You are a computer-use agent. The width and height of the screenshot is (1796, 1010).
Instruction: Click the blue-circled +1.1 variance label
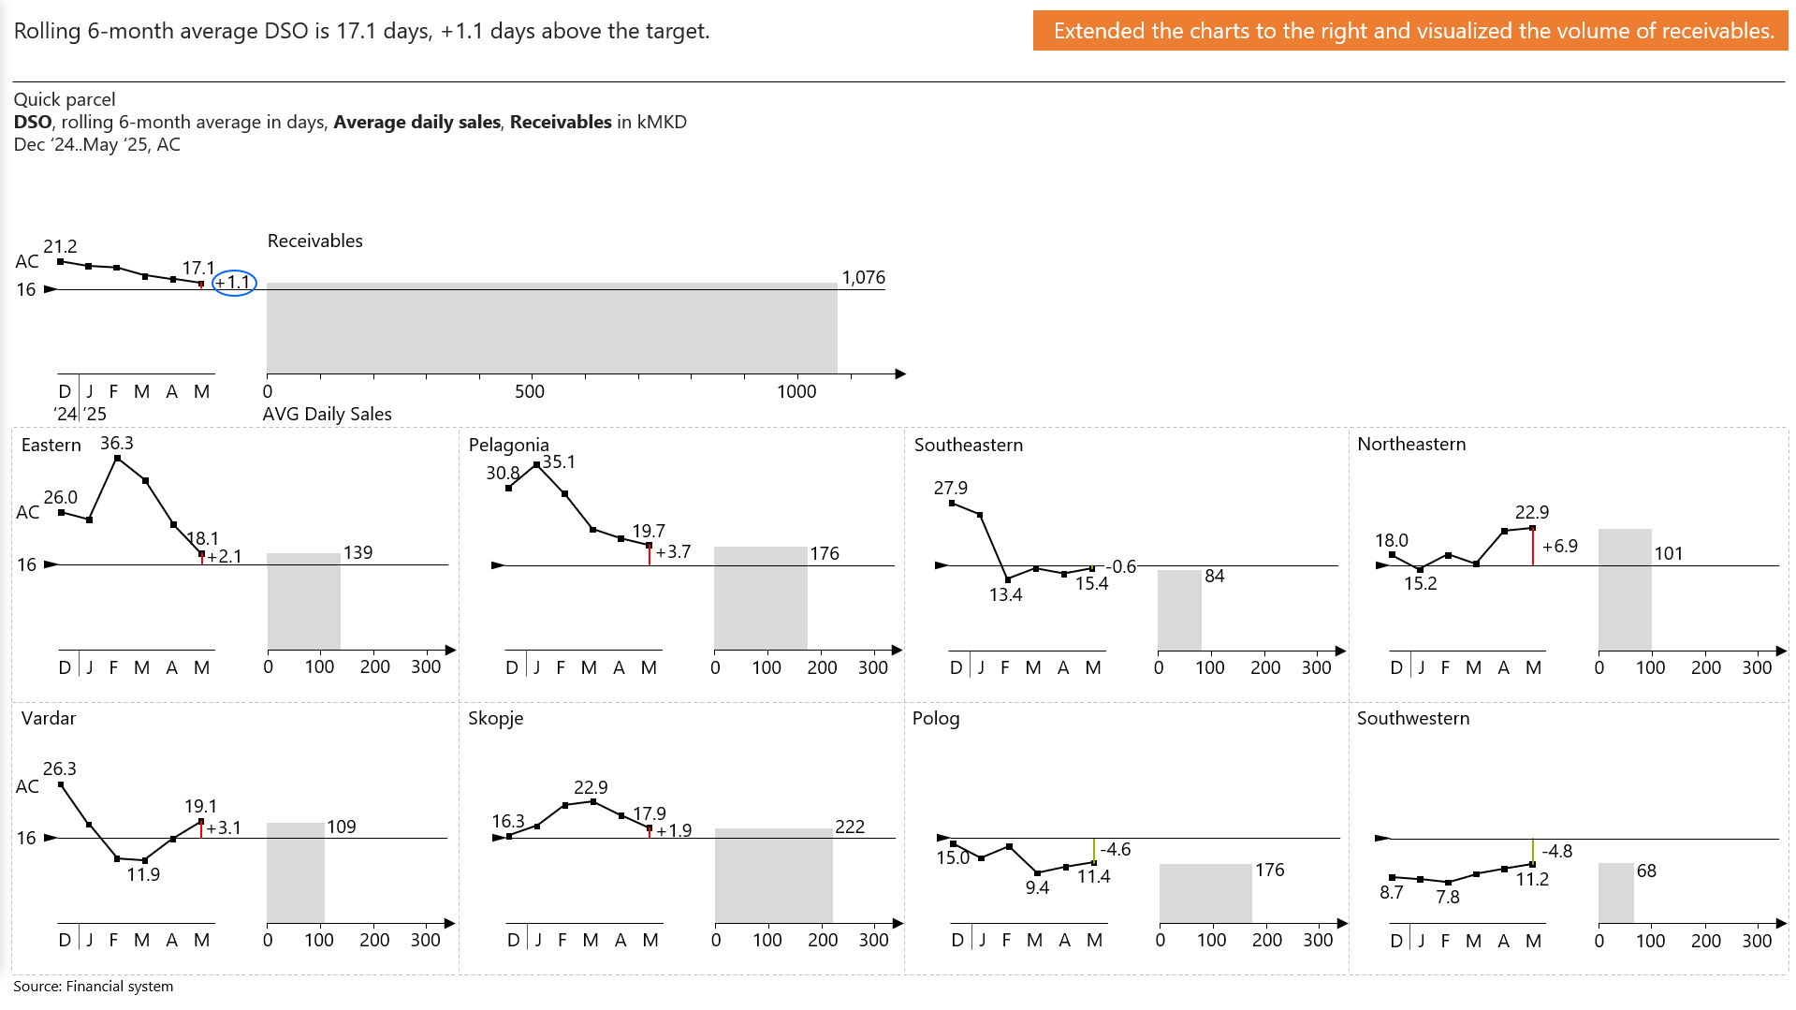coord(234,282)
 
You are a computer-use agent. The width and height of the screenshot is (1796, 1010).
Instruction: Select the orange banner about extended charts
coord(1411,31)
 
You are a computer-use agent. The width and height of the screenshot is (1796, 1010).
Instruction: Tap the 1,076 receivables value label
coord(863,277)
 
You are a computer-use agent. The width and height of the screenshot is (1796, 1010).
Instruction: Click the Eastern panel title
coord(51,445)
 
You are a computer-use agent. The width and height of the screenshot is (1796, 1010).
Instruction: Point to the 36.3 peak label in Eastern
coord(117,443)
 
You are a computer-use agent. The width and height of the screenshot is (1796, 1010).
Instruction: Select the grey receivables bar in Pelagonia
coord(760,598)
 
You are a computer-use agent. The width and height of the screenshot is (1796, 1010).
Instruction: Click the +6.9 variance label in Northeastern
coord(1559,546)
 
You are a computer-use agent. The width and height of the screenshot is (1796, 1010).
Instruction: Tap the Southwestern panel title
coord(1413,718)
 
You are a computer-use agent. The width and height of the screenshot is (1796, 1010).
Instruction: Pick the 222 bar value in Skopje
coord(850,827)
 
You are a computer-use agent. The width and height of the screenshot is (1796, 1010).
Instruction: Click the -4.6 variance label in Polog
coord(1116,849)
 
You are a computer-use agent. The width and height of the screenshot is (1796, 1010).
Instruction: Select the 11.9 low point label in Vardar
coord(143,874)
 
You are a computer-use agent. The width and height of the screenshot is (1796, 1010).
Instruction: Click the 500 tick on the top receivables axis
coord(530,391)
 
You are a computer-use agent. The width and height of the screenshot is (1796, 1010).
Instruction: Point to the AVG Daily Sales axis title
coord(328,414)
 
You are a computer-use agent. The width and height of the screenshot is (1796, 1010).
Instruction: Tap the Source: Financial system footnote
coord(94,986)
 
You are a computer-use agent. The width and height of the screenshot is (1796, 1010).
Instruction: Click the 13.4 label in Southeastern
coord(1006,594)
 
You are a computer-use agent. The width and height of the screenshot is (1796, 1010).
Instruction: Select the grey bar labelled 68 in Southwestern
coord(1616,893)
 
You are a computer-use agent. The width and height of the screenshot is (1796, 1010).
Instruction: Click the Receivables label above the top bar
coord(315,241)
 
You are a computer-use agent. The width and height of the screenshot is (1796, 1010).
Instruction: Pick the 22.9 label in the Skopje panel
coord(591,787)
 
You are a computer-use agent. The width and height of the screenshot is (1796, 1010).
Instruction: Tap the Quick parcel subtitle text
coord(65,99)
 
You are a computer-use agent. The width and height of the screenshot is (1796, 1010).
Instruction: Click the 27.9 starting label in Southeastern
coord(951,488)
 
